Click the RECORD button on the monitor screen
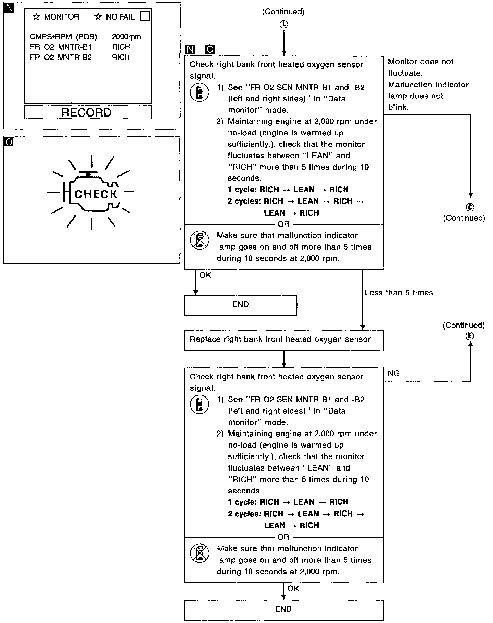(88, 112)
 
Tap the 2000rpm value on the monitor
(126, 37)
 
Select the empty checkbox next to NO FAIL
(145, 16)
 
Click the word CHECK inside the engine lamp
(96, 194)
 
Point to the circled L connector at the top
(284, 24)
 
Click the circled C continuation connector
(470, 207)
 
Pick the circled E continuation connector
(470, 336)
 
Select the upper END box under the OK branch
(240, 305)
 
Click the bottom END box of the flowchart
(283, 609)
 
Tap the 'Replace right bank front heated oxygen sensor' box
(283, 340)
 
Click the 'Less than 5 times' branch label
(399, 293)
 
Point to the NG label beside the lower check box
(394, 374)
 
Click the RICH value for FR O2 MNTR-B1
(121, 47)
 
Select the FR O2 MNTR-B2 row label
(61, 57)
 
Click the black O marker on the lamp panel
(9, 141)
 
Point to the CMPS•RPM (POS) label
(63, 37)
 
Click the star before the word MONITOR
(36, 17)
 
